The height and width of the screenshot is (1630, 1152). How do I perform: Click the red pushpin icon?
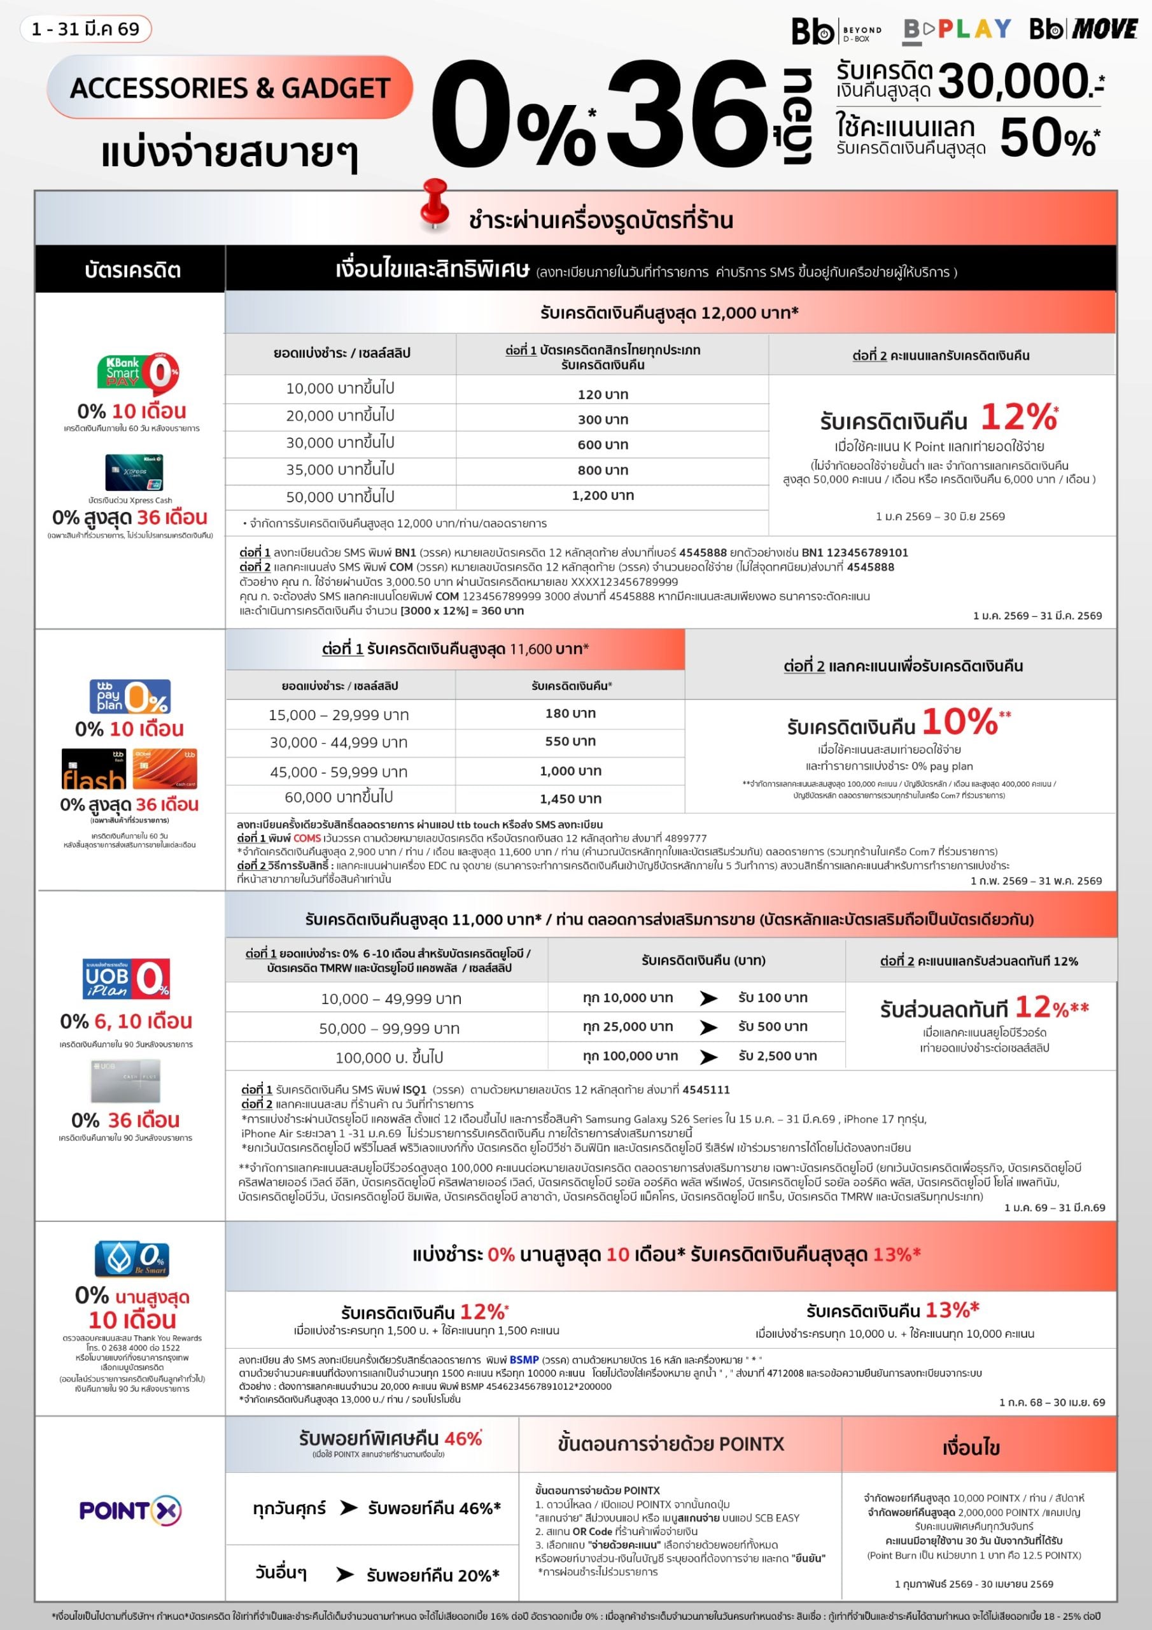[x=433, y=204]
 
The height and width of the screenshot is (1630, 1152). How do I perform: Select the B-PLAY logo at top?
[x=957, y=30]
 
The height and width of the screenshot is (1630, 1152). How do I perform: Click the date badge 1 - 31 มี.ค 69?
[x=86, y=29]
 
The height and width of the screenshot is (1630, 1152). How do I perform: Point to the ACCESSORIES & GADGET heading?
[x=230, y=87]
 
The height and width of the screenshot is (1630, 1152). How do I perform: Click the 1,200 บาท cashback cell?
[x=603, y=495]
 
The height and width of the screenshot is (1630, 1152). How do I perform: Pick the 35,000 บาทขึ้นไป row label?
[x=340, y=469]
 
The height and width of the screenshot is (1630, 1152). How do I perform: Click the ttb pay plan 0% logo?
[x=130, y=697]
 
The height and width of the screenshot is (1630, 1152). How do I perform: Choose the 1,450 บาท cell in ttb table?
[x=570, y=798]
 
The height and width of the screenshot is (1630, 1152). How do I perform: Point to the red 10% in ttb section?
[x=960, y=722]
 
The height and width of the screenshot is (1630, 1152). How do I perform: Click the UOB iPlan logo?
[x=127, y=978]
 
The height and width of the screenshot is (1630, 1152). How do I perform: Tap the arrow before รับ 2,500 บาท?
[x=708, y=1057]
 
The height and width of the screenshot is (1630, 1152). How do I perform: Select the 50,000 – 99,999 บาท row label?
[x=390, y=1028]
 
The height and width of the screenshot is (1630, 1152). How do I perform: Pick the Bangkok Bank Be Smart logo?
[x=132, y=1259]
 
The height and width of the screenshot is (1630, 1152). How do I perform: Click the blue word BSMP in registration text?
[x=524, y=1359]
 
